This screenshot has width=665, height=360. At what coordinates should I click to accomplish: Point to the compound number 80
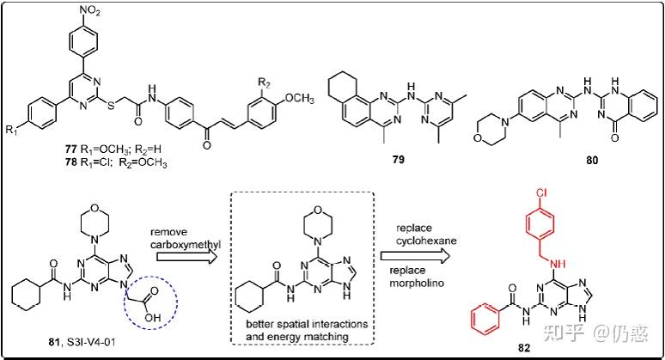click(x=568, y=159)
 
